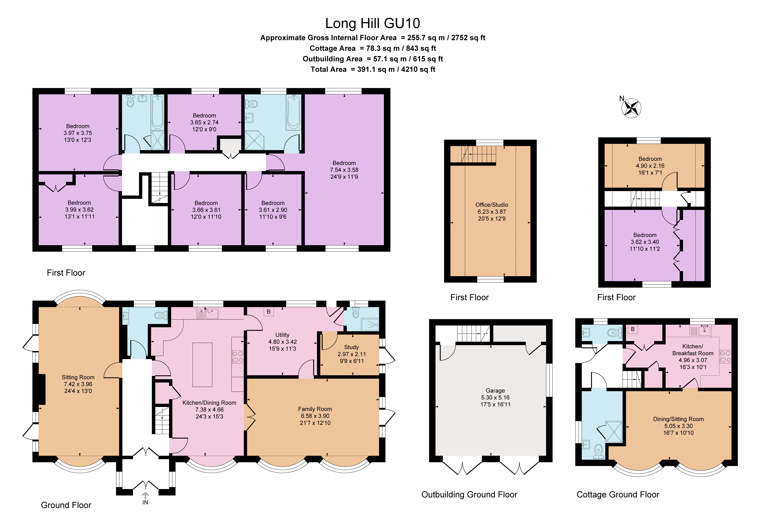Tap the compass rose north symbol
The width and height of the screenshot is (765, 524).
[631, 108]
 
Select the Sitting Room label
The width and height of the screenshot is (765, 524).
[78, 377]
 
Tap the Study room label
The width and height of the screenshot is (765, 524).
[351, 347]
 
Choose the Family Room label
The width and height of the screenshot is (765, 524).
[315, 409]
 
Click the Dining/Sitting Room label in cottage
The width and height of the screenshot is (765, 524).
[678, 419]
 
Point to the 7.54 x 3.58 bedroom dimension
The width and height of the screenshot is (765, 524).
[344, 170]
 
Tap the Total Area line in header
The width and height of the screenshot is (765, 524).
[373, 69]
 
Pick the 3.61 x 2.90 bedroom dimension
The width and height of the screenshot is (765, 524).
[273, 210]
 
